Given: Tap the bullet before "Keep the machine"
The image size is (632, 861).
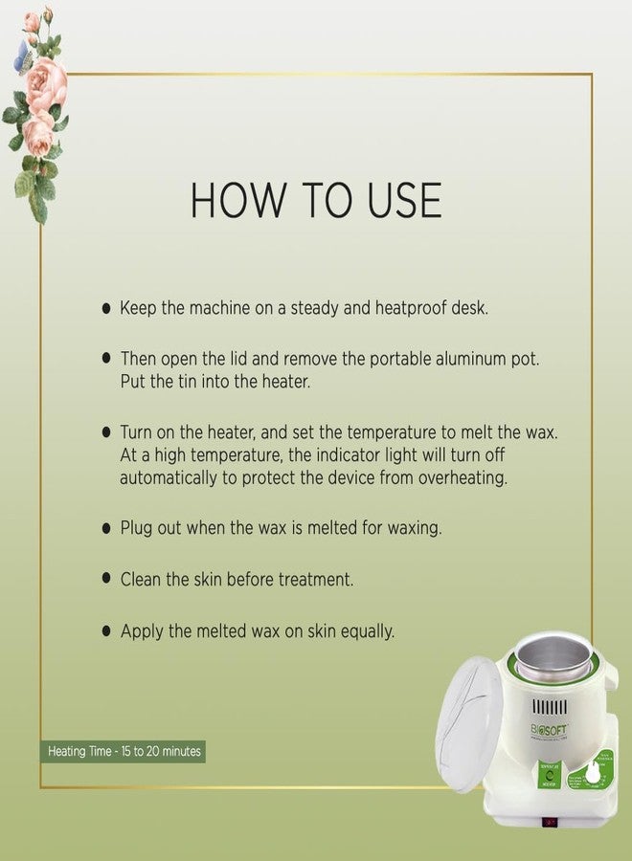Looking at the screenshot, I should (x=106, y=309).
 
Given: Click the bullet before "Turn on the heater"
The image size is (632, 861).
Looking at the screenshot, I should (x=106, y=432).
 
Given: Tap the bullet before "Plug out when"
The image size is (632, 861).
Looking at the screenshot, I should (x=106, y=528).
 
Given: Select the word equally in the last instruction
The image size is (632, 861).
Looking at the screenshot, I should (x=365, y=631).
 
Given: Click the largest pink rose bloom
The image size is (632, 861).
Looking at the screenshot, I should (x=46, y=83).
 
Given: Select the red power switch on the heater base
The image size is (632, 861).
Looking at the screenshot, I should (x=550, y=822).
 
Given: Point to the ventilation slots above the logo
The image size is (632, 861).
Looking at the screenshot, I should (x=550, y=708).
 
